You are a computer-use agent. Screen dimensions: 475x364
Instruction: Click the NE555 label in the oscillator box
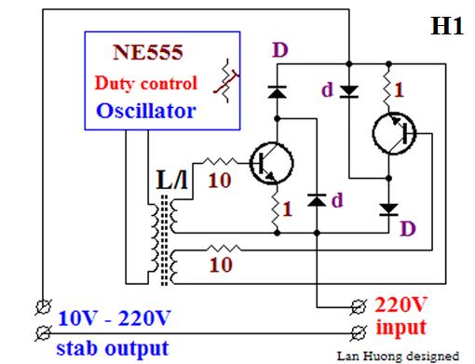click(x=148, y=52)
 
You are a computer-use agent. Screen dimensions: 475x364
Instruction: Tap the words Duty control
click(x=146, y=83)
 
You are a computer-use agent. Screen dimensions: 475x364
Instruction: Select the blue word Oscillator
click(x=146, y=111)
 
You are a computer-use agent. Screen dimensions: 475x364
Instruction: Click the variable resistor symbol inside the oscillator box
click(x=227, y=81)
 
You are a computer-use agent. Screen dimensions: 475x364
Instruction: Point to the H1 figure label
click(x=447, y=25)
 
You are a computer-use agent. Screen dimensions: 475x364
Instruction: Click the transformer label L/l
click(x=172, y=180)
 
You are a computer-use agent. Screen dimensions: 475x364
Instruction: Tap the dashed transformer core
click(x=164, y=240)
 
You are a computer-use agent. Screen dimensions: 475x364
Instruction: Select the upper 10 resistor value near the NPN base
click(x=220, y=180)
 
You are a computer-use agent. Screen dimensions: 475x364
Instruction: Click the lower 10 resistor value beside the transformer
click(x=221, y=264)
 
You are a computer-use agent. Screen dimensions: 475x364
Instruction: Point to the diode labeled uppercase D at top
click(x=277, y=92)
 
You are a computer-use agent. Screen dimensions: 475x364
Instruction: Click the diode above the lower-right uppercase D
click(x=389, y=209)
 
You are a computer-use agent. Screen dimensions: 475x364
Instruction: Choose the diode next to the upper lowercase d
click(x=349, y=91)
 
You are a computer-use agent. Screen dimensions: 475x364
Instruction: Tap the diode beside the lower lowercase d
click(x=317, y=200)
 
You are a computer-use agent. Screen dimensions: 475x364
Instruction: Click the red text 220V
click(x=400, y=304)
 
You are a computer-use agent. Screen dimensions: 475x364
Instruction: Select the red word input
click(x=401, y=328)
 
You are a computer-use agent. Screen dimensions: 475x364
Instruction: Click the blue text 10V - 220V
click(x=115, y=318)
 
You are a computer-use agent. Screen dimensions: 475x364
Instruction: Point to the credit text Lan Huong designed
click(x=398, y=356)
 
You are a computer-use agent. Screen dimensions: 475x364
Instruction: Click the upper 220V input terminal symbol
click(x=359, y=307)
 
